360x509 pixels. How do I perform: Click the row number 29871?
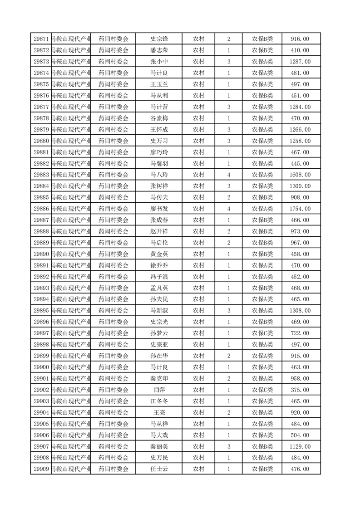(41, 39)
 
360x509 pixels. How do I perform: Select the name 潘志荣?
(159, 50)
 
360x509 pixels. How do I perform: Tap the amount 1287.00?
(300, 62)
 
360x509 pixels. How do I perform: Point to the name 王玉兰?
(159, 84)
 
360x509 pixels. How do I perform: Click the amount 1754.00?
(300, 209)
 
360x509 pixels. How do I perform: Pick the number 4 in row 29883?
(228, 175)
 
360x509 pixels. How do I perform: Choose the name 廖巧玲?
(159, 152)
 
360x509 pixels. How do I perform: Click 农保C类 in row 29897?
(262, 333)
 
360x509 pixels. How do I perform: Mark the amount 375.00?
(300, 390)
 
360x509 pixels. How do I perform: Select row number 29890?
(41, 254)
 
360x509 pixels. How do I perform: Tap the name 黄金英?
(159, 254)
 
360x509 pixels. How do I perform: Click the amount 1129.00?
(300, 446)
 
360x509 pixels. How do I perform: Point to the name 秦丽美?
(159, 446)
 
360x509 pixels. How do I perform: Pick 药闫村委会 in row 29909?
(113, 469)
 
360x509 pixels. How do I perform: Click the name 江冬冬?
(159, 401)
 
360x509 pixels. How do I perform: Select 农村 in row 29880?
(198, 141)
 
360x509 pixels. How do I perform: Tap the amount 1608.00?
(300, 175)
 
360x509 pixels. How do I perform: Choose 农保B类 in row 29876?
(262, 96)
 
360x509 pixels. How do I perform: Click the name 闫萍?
(159, 390)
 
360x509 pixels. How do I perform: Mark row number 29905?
(41, 424)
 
